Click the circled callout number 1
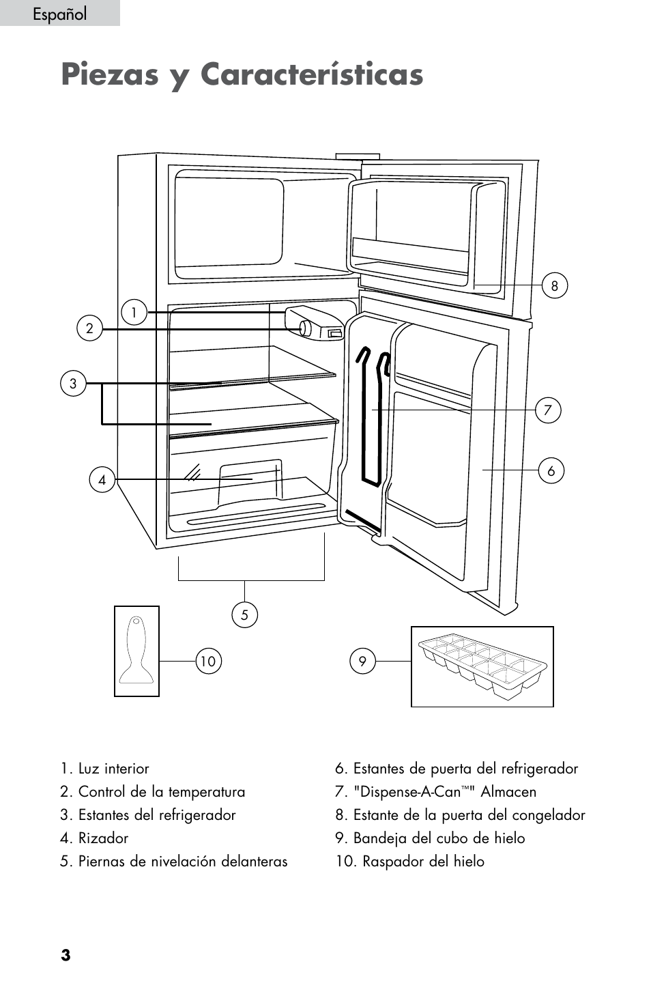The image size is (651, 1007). point(134,312)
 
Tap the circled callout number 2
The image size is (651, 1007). point(89,328)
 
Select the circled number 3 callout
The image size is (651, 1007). point(73,384)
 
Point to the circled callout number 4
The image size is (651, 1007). point(102,480)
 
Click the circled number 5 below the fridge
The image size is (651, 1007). point(244,614)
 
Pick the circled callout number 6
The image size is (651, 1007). point(551,470)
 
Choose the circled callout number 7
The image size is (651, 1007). point(548,410)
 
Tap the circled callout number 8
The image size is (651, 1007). point(554,285)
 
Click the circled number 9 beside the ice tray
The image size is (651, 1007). point(362,661)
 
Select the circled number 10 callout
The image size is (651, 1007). point(208,661)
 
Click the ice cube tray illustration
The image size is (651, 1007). point(482,666)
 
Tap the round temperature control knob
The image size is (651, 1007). point(306,328)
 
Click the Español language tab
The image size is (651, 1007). point(60,13)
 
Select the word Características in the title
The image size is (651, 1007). point(312,74)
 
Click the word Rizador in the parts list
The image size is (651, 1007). point(103,838)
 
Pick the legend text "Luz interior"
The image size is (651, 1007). point(114,768)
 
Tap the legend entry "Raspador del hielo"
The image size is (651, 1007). point(423,862)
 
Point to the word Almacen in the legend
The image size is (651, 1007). point(508,792)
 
